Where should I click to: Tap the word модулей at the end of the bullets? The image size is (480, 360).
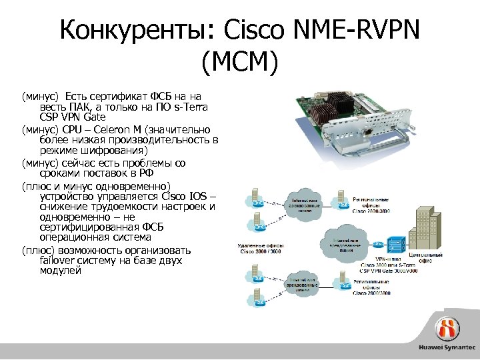tap(60, 271)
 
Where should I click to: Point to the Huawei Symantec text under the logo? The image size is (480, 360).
tap(447, 348)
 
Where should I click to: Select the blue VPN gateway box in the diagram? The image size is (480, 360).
tap(395, 246)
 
